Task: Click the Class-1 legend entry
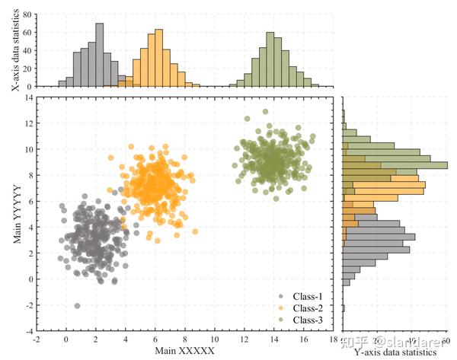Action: click(x=307, y=295)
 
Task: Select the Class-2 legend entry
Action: click(x=307, y=307)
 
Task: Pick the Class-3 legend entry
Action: click(x=307, y=320)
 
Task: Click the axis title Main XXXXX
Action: click(x=185, y=351)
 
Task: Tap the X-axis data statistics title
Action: click(x=16, y=48)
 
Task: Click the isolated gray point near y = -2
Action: click(x=77, y=305)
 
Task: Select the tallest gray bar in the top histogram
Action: click(x=100, y=55)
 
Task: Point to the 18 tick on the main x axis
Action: click(x=334, y=339)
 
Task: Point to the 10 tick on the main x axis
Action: click(x=215, y=339)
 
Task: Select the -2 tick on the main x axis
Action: click(x=37, y=339)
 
